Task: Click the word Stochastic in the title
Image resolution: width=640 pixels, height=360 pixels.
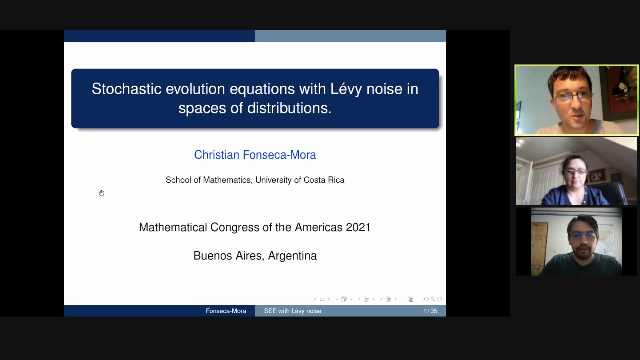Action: pyautogui.click(x=126, y=89)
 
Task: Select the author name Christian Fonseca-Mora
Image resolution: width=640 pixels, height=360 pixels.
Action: pyautogui.click(x=255, y=155)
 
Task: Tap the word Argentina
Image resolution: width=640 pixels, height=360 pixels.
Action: pyautogui.click(x=292, y=256)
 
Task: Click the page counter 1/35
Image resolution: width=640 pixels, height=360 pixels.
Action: pyautogui.click(x=430, y=311)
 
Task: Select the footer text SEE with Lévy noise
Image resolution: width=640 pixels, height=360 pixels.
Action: pyautogui.click(x=293, y=311)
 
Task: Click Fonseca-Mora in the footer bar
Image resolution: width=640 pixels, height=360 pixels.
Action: pyautogui.click(x=226, y=311)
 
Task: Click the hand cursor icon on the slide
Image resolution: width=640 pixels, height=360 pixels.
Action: pyautogui.click(x=102, y=193)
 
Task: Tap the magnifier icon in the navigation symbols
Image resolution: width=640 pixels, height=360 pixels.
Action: pyautogui.click(x=433, y=299)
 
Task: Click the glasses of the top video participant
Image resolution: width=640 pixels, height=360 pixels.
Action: pyautogui.click(x=573, y=97)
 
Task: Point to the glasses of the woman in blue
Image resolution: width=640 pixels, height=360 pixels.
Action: pyautogui.click(x=575, y=172)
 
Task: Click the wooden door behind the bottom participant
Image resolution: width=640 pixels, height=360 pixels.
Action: pyautogui.click(x=540, y=248)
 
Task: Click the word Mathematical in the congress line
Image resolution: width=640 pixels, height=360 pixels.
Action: pyautogui.click(x=173, y=227)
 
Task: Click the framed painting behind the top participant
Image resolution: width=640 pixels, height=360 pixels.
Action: pyautogui.click(x=620, y=91)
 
